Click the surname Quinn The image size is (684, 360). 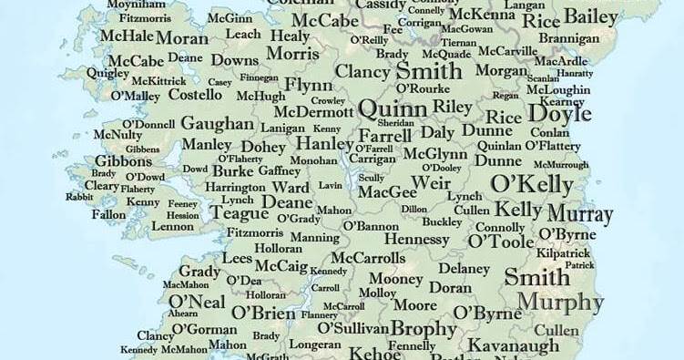pos(393,109)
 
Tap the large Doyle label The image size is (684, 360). pos(559,114)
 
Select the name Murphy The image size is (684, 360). pos(559,303)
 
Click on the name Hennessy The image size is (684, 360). pos(418,239)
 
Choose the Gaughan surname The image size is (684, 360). pos(217,124)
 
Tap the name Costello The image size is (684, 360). pos(195,95)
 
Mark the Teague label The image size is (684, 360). pos(239,213)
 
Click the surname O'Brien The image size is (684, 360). pos(264,313)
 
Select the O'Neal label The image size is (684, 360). pos(197,302)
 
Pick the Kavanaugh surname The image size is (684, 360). pos(513,345)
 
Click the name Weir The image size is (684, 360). pos(432,183)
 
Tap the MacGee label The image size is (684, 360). pos(386,192)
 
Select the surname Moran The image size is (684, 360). pos(181,38)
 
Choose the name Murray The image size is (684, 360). pos(580,215)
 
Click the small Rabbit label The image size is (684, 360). pos(79,197)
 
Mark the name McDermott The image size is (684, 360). pos(313,112)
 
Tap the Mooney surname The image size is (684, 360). pos(395,279)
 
